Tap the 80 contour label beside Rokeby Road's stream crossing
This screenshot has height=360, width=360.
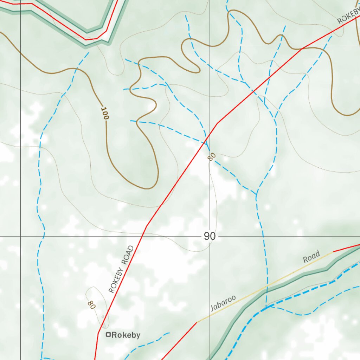(211, 157)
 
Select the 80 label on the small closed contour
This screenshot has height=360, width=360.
(91, 304)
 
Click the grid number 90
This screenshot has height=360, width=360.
(210, 236)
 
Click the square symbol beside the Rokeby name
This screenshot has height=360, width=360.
(109, 335)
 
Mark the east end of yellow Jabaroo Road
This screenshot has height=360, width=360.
(333, 252)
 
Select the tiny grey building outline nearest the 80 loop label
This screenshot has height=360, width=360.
(103, 317)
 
